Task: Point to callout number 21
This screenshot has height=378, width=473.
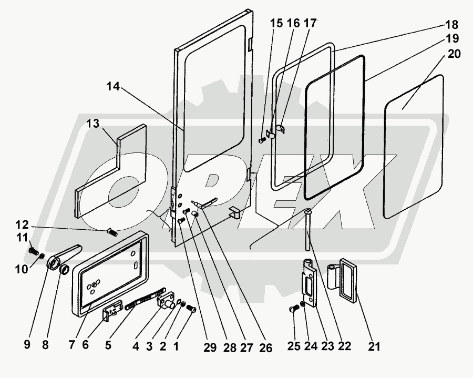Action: (x=374, y=346)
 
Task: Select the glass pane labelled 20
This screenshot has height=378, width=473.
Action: (x=415, y=147)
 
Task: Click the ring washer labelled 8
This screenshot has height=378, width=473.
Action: (x=64, y=271)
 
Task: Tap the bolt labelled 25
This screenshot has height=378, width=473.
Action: (x=293, y=310)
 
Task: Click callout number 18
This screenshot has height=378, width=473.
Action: (x=451, y=25)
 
